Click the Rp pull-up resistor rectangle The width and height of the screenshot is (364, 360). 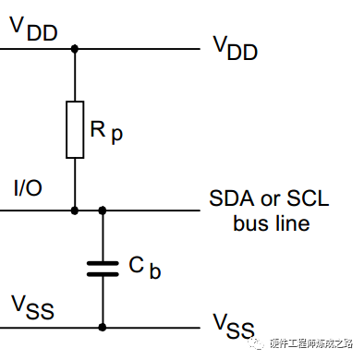75,129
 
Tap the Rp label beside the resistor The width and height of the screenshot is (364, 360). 106,132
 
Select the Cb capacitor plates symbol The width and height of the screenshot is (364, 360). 103,269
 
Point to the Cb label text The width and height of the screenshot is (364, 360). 145,268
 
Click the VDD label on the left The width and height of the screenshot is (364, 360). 34,29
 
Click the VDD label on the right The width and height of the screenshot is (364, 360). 236,48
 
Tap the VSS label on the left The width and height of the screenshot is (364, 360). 32,307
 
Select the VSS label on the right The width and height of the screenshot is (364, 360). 234,326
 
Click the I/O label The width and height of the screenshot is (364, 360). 28,187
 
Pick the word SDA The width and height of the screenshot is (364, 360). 232,198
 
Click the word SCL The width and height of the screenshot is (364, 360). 308,198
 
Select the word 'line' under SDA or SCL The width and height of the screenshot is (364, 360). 293,223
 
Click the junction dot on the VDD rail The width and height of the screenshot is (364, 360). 75,49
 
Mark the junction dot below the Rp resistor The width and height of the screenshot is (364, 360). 75,210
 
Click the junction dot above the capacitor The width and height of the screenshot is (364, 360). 103,210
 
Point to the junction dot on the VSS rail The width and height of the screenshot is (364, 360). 103,327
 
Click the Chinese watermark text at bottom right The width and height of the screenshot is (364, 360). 311,343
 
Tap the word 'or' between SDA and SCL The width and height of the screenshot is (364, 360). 271,200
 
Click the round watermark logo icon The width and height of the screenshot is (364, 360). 257,342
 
